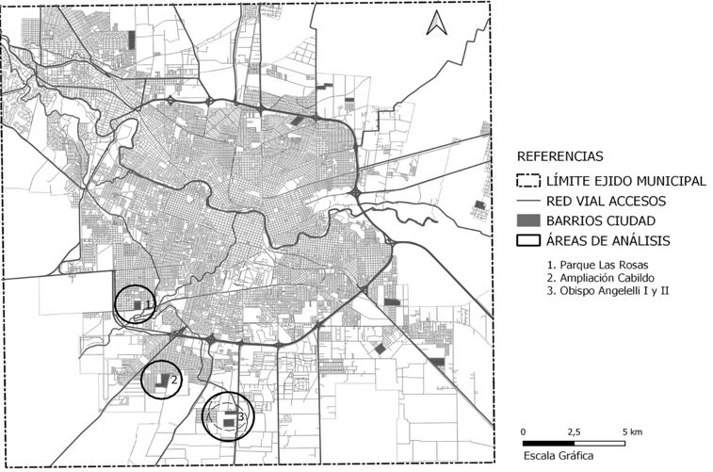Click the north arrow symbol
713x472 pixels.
(435, 24)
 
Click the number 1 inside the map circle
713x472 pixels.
(149, 303)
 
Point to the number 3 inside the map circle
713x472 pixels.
(241, 415)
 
